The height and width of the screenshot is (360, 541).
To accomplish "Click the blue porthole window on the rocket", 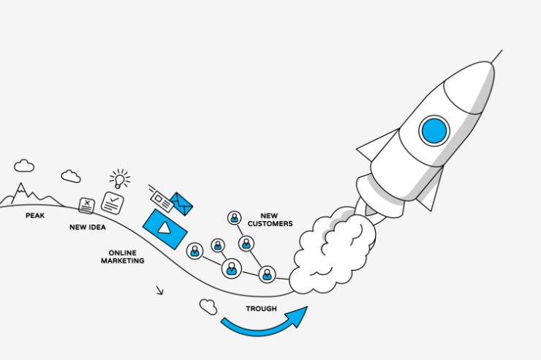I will pos(434,130).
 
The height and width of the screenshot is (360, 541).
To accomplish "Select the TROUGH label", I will pos(261,309).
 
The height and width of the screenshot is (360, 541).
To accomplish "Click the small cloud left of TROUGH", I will pos(208,307).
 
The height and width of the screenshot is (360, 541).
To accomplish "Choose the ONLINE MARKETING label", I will pos(123,257).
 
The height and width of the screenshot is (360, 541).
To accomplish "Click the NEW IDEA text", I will pos(88,227).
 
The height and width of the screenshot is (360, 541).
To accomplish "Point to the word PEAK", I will pos(35,216).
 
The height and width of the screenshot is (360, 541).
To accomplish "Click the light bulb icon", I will pos(119,179).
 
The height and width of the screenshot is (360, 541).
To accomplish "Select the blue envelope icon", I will pos(181,203).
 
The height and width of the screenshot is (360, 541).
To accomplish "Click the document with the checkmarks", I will pos(113,202).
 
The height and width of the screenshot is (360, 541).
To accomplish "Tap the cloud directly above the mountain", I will pos(24,165).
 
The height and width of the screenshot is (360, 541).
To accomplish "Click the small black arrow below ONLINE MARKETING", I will pos(159,290).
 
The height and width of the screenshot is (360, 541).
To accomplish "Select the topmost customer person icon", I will pos(234,217).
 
